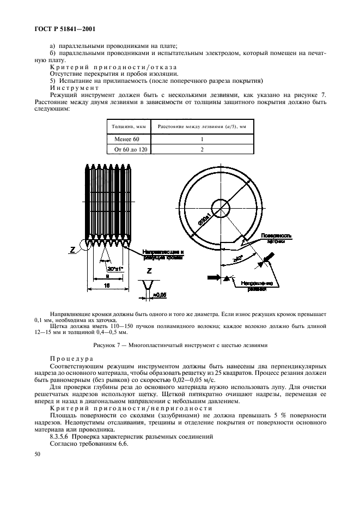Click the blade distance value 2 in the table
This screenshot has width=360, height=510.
pyautogui.click(x=202, y=149)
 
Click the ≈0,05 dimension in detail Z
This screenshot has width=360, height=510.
pyautogui.click(x=159, y=295)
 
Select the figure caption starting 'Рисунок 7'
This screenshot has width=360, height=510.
pyautogui.click(x=180, y=345)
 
